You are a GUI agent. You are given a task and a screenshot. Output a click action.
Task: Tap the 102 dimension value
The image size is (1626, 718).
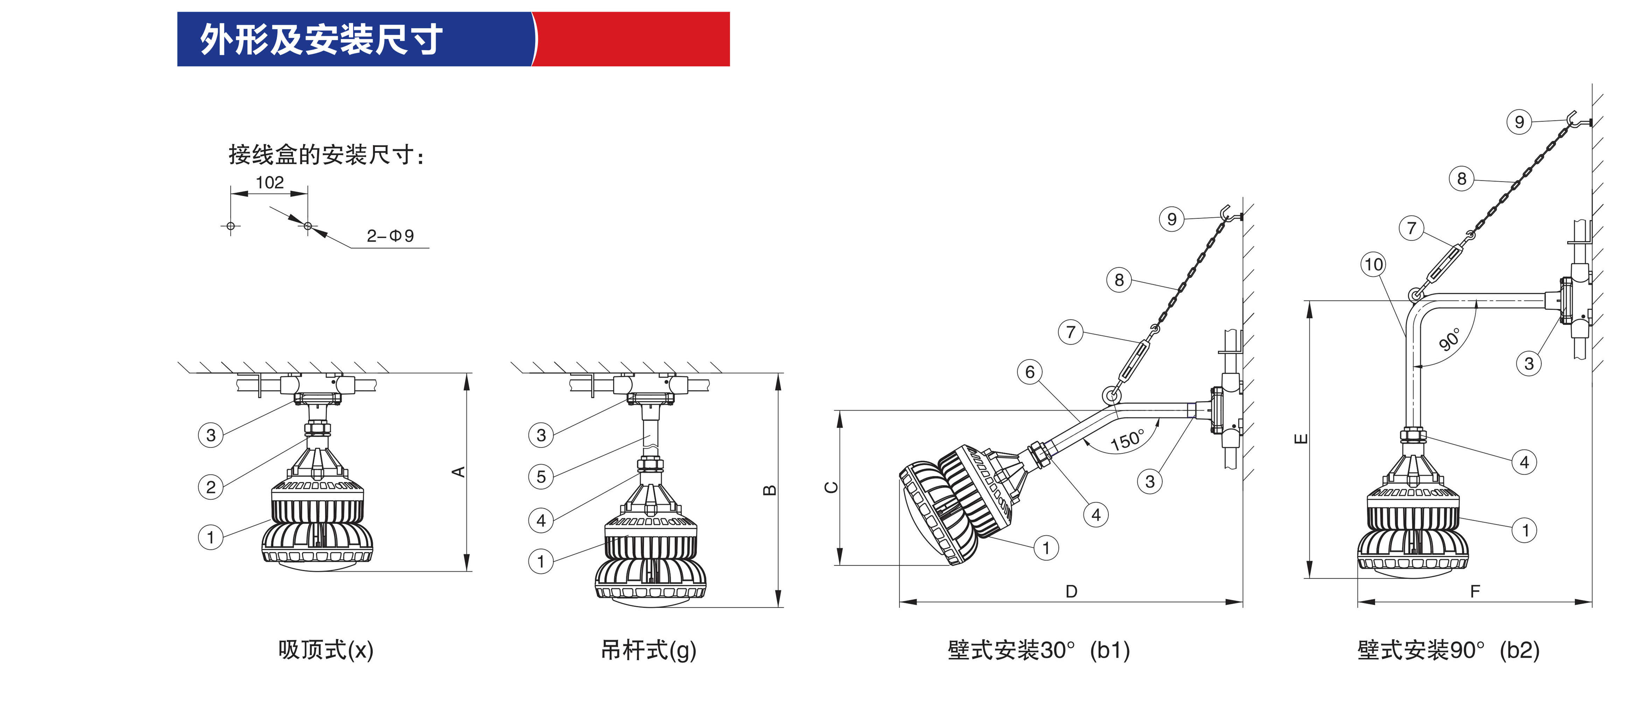pos(269,182)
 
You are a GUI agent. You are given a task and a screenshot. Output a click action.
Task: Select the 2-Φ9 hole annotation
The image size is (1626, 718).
pos(390,236)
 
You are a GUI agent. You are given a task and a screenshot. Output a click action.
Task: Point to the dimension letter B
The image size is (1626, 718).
pos(770,490)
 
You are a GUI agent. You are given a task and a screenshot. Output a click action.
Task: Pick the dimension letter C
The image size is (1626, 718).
pos(832,487)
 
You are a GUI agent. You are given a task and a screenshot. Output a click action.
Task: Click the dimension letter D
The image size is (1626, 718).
pos(1071,591)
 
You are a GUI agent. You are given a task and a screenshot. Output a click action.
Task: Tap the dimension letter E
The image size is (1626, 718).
pos(1301,438)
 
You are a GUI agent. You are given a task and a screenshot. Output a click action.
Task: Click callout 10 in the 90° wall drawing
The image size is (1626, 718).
pos(1374,264)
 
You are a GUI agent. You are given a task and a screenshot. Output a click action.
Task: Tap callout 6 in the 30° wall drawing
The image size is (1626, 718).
pos(1030,372)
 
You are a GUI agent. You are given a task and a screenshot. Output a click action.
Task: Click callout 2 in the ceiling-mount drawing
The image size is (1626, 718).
pos(211,487)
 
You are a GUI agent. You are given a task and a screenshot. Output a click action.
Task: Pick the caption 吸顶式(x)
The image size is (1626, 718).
pos(326,650)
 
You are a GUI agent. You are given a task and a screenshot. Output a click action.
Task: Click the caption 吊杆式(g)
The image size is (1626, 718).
pos(648,650)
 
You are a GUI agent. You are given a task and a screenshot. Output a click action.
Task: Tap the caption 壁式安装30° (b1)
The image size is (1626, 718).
pos(1038,650)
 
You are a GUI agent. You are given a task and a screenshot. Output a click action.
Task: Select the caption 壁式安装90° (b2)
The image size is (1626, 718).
pos(1448,650)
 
